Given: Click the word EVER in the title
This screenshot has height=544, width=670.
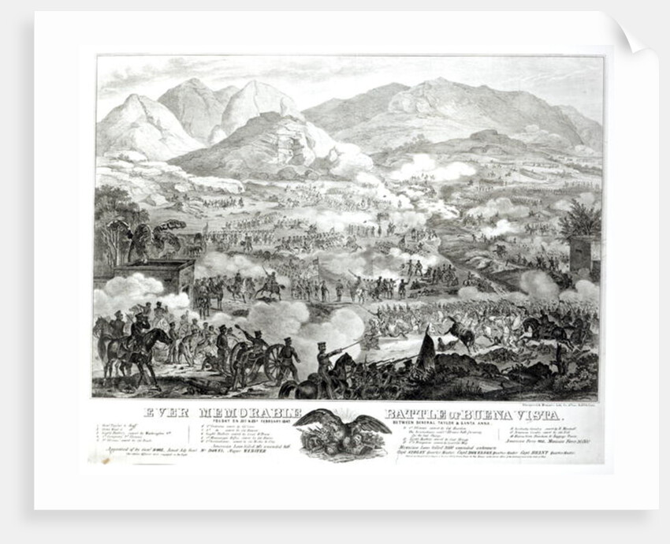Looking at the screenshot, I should [x=164, y=413].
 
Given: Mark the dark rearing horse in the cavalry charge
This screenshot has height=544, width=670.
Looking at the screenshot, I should [x=461, y=332].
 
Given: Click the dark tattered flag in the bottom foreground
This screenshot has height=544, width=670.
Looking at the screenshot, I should [x=426, y=356].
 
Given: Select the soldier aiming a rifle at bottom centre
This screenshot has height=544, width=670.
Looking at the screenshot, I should [x=325, y=367].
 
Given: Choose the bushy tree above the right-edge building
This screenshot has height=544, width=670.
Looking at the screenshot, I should [x=582, y=220].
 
